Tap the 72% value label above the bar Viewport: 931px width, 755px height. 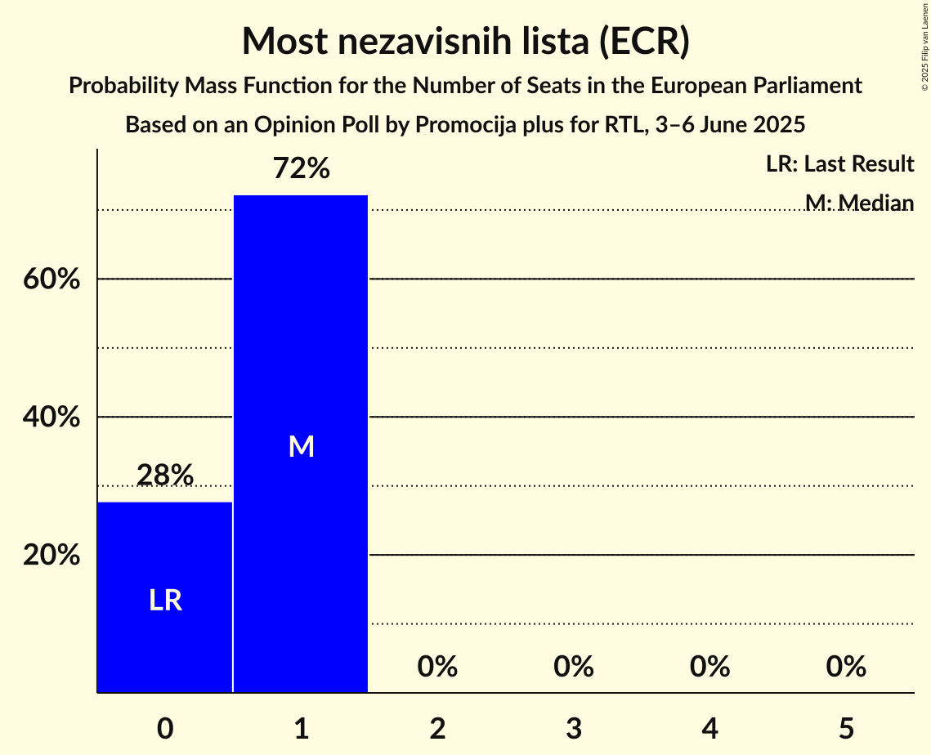point(301,169)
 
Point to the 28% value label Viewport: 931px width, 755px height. point(164,475)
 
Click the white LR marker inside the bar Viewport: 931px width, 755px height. point(164,601)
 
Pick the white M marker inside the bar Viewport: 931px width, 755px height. point(301,446)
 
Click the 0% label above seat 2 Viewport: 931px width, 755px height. point(437,667)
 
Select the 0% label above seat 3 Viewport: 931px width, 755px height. point(574,667)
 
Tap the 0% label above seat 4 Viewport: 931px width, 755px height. point(709,667)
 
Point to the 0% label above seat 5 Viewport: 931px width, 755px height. point(846,667)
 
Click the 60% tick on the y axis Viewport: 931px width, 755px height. point(51,279)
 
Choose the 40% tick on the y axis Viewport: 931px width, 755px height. point(51,418)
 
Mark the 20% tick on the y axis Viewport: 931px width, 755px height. point(51,556)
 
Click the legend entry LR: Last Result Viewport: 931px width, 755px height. point(839,164)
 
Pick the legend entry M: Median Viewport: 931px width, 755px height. point(858,202)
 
